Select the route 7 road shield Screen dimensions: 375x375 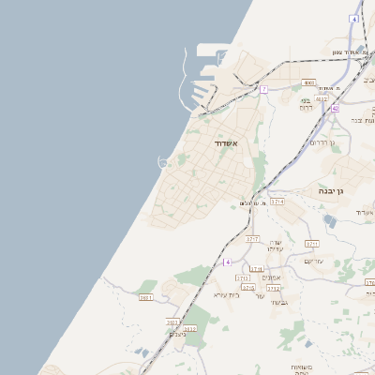(264, 89)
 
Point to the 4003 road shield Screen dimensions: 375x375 (309, 82)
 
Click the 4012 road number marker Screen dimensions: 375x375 (322, 97)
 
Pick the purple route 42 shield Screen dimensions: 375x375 (335, 108)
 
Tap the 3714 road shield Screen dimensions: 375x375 (277, 202)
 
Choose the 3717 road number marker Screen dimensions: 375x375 (251, 239)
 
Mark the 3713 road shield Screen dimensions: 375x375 (244, 278)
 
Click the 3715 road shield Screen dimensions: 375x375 (248, 288)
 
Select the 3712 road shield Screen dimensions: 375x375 (273, 288)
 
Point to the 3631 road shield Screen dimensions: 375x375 (145, 297)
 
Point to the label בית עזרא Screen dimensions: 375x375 (227, 294)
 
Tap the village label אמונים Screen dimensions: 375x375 (271, 277)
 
